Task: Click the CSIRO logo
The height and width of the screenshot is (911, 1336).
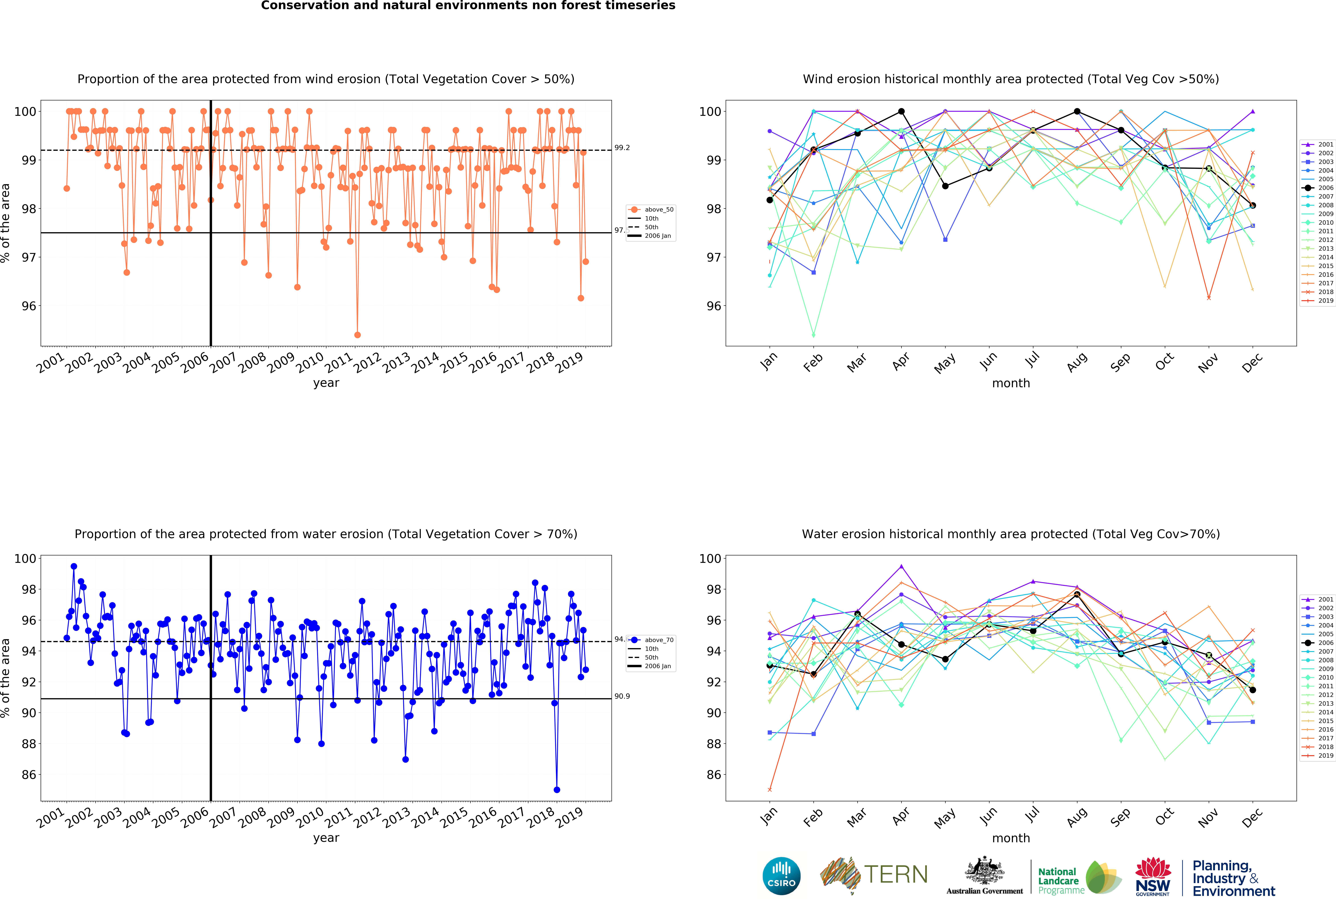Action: [x=781, y=876]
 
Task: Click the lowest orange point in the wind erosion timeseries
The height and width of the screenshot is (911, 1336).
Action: [x=358, y=335]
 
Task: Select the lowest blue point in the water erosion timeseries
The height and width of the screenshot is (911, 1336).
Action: [x=556, y=790]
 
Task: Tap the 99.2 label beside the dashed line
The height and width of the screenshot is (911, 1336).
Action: [x=622, y=148]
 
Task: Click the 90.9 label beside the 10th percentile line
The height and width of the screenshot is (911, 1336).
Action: [x=622, y=696]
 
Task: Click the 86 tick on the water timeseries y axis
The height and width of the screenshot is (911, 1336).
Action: [x=29, y=775]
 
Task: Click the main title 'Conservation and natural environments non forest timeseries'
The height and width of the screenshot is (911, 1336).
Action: [x=468, y=6]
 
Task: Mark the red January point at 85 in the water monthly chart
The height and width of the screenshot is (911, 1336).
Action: [x=770, y=790]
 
